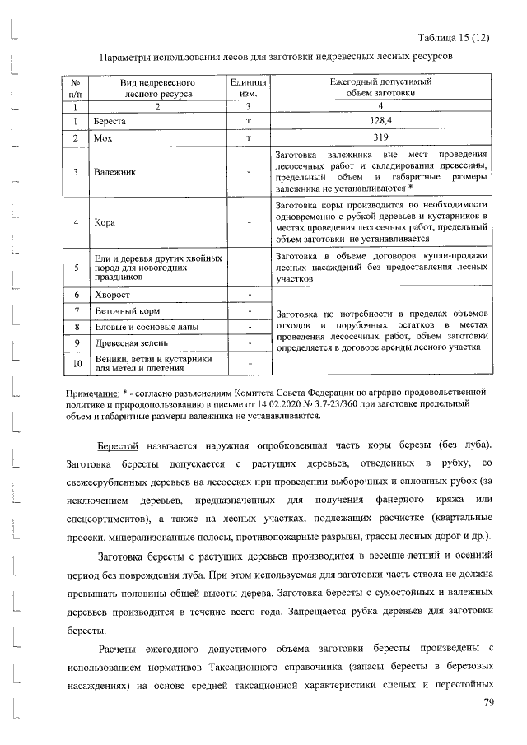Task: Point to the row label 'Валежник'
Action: (115, 172)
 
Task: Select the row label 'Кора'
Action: (105, 222)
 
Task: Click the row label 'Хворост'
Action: (112, 294)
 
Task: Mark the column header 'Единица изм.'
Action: (248, 89)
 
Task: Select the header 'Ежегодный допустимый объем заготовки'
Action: (380, 89)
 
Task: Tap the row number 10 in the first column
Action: (76, 363)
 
